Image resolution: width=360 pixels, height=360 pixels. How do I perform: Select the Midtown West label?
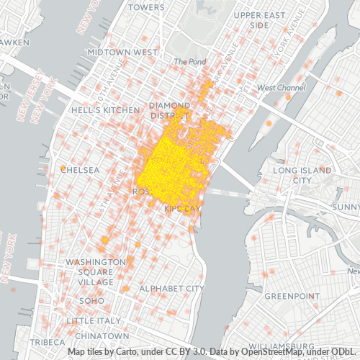(x=122, y=53)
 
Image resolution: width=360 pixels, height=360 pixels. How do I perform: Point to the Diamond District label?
(x=170, y=110)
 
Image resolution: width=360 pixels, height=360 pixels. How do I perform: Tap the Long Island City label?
(x=302, y=175)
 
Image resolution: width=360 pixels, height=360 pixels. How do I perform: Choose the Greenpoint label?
(x=287, y=296)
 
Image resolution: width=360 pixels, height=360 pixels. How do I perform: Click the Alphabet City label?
(x=172, y=288)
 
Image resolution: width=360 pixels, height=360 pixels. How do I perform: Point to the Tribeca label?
(x=48, y=341)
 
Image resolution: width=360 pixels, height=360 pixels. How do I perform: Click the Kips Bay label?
(x=181, y=208)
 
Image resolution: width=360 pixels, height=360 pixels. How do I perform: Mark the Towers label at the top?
(x=147, y=7)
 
